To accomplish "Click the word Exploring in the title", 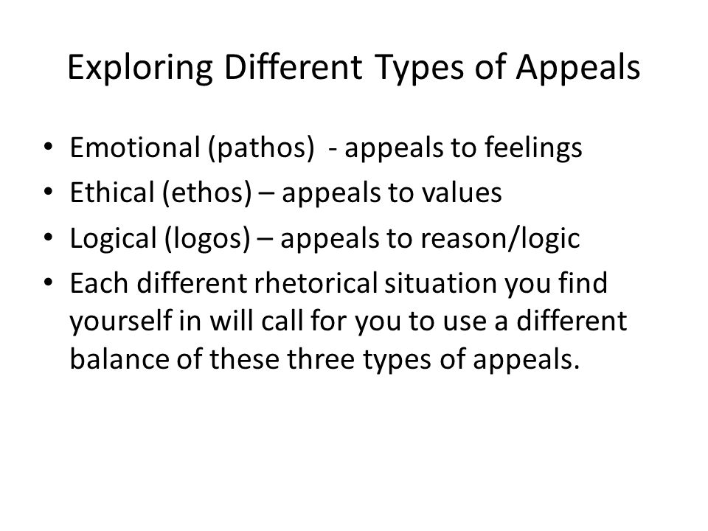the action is (x=140, y=69).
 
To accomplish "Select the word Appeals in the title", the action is (x=578, y=69).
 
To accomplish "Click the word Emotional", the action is (x=135, y=147).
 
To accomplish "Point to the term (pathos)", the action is (x=261, y=148).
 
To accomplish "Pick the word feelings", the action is (x=533, y=148).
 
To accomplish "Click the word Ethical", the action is (x=112, y=192).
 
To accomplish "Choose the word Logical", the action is (x=114, y=239).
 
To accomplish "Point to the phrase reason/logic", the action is (x=500, y=239).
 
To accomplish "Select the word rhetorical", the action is (x=316, y=283).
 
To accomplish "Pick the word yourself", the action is (x=120, y=322).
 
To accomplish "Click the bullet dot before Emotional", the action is (x=49, y=147).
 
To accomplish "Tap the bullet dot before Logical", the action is (x=49, y=237).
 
